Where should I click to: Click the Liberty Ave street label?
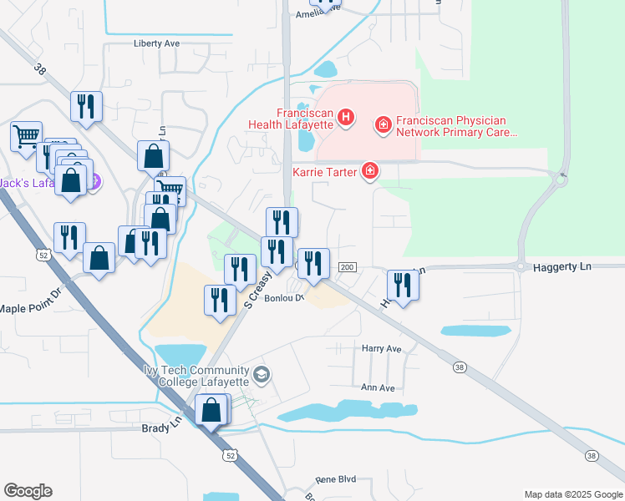click(x=157, y=43)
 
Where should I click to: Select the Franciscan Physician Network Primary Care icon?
click(x=384, y=124)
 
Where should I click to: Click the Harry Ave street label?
click(x=381, y=348)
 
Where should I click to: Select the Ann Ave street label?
click(x=377, y=387)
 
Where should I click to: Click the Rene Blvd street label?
click(x=335, y=480)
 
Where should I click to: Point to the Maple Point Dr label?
click(x=30, y=308)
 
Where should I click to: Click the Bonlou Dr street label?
click(x=282, y=298)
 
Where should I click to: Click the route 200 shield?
click(x=348, y=267)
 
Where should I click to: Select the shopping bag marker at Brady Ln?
click(x=212, y=410)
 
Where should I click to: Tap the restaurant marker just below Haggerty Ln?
click(x=403, y=286)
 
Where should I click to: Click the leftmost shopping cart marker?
click(x=26, y=135)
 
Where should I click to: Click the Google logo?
click(x=28, y=491)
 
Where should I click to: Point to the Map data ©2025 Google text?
click(x=572, y=494)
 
